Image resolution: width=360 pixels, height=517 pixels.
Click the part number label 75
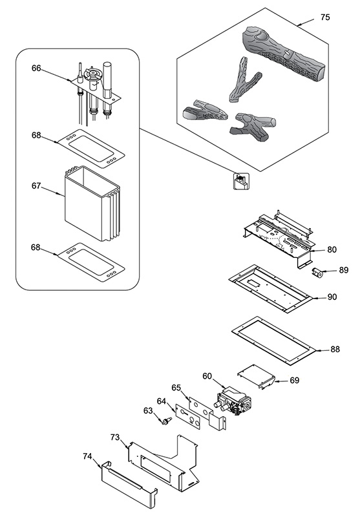pos(324,17)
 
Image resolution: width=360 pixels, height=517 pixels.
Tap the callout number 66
pos(36,68)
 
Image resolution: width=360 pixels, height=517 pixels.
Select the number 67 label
pos(36,186)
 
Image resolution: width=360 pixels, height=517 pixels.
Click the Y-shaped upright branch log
pos(244,79)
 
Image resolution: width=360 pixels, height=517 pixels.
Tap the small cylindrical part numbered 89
pos(317,273)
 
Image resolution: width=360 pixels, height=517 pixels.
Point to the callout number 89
pos(343,270)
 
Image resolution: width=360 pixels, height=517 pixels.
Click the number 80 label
pos(332,249)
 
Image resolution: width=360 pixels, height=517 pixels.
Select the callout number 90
pos(332,297)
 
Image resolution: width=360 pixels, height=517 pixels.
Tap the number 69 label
pos(294,380)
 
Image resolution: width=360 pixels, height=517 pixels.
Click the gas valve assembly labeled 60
pos(235,400)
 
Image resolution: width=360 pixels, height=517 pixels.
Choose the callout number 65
pos(176,387)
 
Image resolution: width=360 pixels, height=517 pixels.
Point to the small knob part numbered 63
pos(167,421)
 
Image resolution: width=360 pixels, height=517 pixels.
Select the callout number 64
pos(162,401)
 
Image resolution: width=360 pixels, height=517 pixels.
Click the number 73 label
pos(115,438)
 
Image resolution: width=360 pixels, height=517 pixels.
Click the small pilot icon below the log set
pos(241,181)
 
